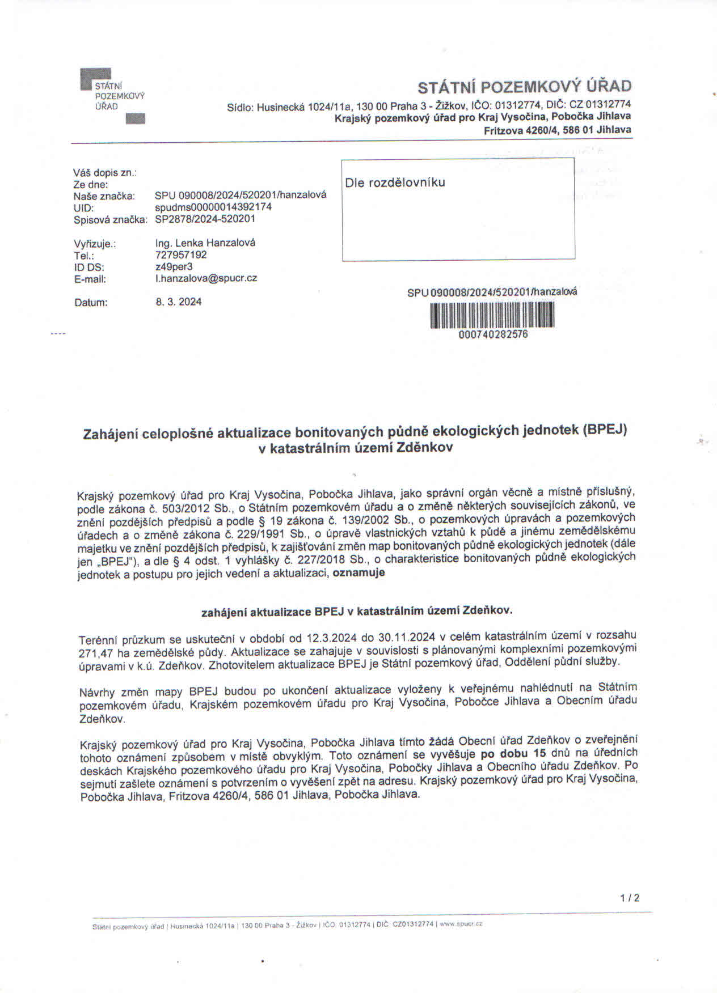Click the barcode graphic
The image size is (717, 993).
(492, 315)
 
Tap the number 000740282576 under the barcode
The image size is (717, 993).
(493, 334)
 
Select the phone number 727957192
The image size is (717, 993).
(181, 254)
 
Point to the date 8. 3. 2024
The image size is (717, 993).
(179, 302)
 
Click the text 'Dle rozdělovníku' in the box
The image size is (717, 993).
(395, 183)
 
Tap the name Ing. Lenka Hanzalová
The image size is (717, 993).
(205, 243)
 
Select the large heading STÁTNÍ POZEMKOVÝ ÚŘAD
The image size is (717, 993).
(524, 87)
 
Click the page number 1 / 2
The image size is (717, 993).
(630, 898)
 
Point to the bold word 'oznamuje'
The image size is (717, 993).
(358, 572)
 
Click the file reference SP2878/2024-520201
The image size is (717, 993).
(205, 219)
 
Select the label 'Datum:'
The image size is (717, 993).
(91, 303)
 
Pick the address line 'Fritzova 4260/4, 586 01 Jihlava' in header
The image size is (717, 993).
(557, 130)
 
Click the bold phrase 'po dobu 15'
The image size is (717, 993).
(513, 754)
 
